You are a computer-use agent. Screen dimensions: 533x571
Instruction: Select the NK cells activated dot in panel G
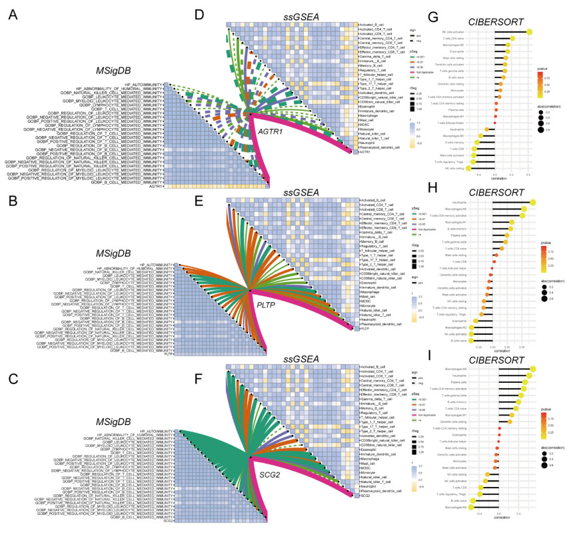click(x=530, y=31)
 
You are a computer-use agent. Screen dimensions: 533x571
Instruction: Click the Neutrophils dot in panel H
click(x=533, y=203)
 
